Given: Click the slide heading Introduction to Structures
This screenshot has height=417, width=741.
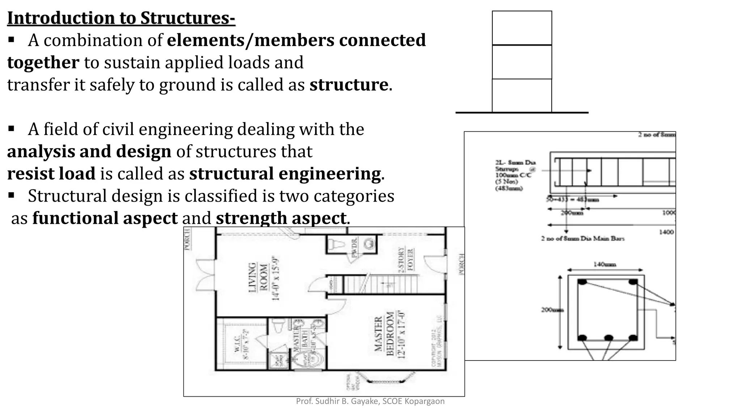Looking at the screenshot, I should pyautogui.click(x=121, y=18).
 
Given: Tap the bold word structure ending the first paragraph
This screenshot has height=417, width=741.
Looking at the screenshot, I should pyautogui.click(x=349, y=85).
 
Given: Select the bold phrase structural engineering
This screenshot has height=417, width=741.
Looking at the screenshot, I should pyautogui.click(x=285, y=174).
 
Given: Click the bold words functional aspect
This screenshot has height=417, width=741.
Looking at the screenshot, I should pyautogui.click(x=105, y=218).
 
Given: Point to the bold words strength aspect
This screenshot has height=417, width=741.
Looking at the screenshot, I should pyautogui.click(x=281, y=218).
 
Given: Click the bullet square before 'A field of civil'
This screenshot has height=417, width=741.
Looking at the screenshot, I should pyautogui.click(x=11, y=129).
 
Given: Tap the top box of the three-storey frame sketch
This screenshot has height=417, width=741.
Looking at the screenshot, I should pyautogui.click(x=522, y=28).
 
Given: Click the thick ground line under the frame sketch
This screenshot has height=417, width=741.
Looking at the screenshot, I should pyautogui.click(x=522, y=113).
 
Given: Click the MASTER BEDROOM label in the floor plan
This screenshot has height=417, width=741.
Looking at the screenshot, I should pyautogui.click(x=384, y=334).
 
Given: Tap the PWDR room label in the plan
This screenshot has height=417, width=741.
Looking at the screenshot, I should pyautogui.click(x=354, y=247).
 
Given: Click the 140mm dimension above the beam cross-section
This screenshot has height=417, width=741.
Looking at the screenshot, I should pyautogui.click(x=604, y=265).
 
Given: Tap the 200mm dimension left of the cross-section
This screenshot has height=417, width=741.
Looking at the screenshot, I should pyautogui.click(x=551, y=310).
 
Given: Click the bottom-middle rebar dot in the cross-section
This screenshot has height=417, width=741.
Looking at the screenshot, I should pyautogui.click(x=609, y=338).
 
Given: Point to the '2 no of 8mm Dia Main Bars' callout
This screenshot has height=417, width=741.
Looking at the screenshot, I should pyautogui.click(x=583, y=238).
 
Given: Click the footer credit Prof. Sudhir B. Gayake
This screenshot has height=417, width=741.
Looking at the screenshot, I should pyautogui.click(x=370, y=401).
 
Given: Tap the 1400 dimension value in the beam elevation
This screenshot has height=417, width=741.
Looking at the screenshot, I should pyautogui.click(x=666, y=232).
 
